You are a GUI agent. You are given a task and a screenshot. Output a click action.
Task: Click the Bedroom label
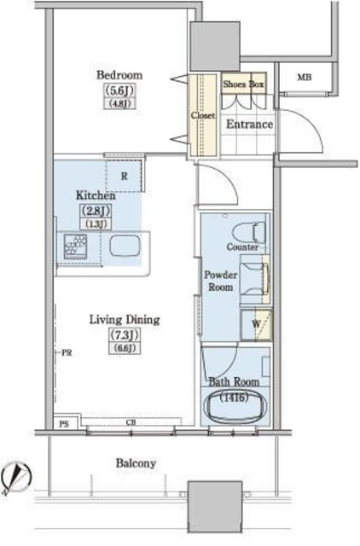point(119,75)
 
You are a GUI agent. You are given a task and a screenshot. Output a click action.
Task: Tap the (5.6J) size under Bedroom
point(119,91)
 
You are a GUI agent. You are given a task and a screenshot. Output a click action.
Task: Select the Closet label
point(203,115)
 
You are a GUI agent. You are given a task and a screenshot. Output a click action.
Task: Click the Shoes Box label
point(243,84)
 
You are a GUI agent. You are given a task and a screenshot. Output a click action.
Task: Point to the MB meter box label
point(305,78)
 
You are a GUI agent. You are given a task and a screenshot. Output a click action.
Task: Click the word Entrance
point(249,125)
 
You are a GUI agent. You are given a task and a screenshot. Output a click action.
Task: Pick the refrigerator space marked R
point(125,176)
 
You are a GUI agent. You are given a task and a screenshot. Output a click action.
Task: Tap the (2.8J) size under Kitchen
point(96,211)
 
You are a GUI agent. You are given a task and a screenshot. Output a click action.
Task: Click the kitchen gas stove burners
point(76,247)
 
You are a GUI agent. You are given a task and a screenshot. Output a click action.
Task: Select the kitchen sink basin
point(125,246)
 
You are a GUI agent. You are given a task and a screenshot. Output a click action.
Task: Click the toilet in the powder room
point(249,232)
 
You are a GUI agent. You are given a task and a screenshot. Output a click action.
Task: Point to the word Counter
point(242,247)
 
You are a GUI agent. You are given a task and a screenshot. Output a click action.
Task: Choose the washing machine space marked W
point(256,324)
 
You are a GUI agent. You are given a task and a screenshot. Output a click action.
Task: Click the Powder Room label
point(220,281)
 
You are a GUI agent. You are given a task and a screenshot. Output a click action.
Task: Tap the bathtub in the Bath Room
point(237,407)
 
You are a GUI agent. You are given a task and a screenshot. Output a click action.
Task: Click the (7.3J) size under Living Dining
point(125,335)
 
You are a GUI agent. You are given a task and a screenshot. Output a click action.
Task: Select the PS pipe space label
point(64,424)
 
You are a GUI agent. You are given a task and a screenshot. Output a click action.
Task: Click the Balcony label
point(136,463)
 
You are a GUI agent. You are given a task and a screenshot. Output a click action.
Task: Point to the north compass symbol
point(16,476)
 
